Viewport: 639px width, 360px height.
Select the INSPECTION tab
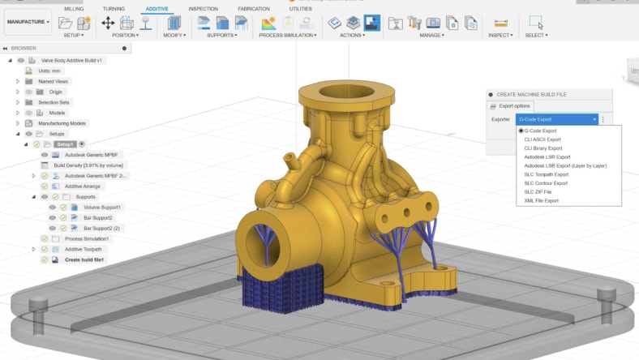[203, 8]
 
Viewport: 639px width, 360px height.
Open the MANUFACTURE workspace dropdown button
[28, 22]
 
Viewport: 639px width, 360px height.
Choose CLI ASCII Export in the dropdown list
[543, 139]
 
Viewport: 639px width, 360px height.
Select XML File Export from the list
[541, 200]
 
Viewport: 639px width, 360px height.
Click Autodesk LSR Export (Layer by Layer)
[565, 165]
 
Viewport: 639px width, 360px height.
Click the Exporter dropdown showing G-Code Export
[558, 119]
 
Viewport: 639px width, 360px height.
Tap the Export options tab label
[514, 105]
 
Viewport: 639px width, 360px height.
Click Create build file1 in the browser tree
[84, 259]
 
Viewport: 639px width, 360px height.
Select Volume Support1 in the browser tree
[102, 207]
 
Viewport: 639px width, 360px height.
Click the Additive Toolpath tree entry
[83, 249]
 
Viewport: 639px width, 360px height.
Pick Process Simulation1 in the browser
[86, 238]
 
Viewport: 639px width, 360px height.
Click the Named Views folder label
[54, 81]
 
